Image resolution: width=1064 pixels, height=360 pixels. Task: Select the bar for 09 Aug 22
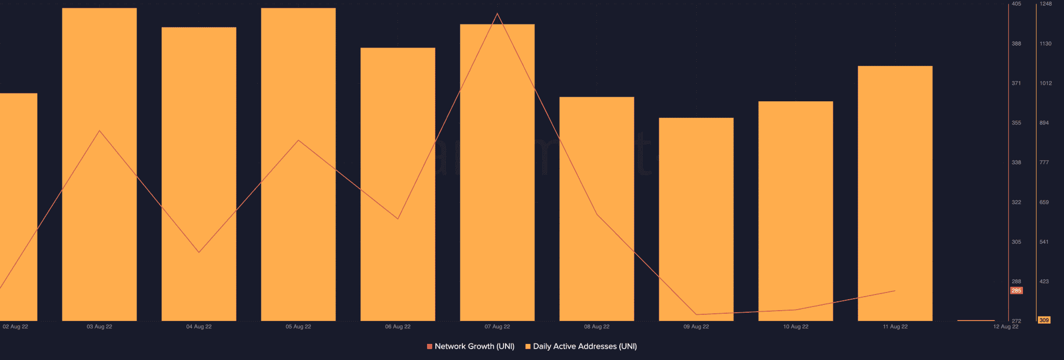click(696, 218)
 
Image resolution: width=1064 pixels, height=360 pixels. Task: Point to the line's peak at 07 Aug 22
click(497, 14)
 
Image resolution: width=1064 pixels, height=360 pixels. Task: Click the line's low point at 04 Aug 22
click(199, 252)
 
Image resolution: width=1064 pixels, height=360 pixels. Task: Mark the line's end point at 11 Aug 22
click(895, 291)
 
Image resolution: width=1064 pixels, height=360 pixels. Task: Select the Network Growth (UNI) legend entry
click(471, 346)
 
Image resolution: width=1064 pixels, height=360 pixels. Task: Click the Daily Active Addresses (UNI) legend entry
click(581, 346)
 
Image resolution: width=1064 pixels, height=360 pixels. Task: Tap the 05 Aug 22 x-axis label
click(298, 327)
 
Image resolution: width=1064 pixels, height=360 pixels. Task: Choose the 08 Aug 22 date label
click(596, 327)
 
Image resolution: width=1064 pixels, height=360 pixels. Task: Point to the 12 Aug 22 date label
click(1005, 327)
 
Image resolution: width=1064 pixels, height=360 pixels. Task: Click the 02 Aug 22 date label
click(16, 327)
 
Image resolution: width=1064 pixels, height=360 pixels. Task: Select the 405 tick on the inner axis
click(1016, 4)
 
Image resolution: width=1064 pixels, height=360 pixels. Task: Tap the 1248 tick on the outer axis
click(1045, 4)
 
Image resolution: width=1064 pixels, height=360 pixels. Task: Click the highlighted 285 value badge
click(1016, 291)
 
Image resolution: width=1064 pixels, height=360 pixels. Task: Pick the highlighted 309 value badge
click(1044, 321)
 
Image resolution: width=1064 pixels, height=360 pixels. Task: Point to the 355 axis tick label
click(1016, 123)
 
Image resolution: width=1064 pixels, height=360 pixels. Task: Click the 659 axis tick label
click(1044, 203)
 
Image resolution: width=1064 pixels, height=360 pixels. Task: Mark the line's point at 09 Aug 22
click(696, 314)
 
